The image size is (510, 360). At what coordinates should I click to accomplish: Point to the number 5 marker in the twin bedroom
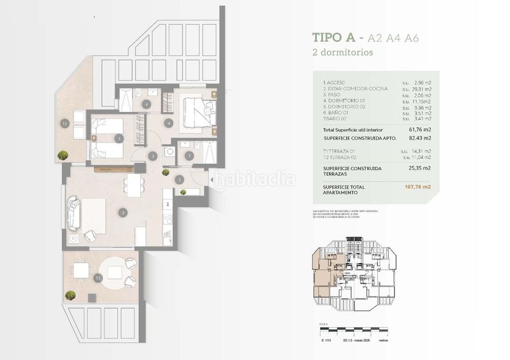(118, 138)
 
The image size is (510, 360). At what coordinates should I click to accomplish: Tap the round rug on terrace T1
(115, 272)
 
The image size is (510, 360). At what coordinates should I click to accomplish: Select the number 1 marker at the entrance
(180, 180)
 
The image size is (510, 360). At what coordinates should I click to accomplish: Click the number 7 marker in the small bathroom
(189, 155)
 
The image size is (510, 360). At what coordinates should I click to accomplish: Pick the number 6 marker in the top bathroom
(147, 104)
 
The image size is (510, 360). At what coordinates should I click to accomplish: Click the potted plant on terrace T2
(63, 155)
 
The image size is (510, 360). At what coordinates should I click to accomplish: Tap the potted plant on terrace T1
(71, 296)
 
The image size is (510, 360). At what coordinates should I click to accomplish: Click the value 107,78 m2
(418, 187)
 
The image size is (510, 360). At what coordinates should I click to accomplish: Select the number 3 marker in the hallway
(152, 155)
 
